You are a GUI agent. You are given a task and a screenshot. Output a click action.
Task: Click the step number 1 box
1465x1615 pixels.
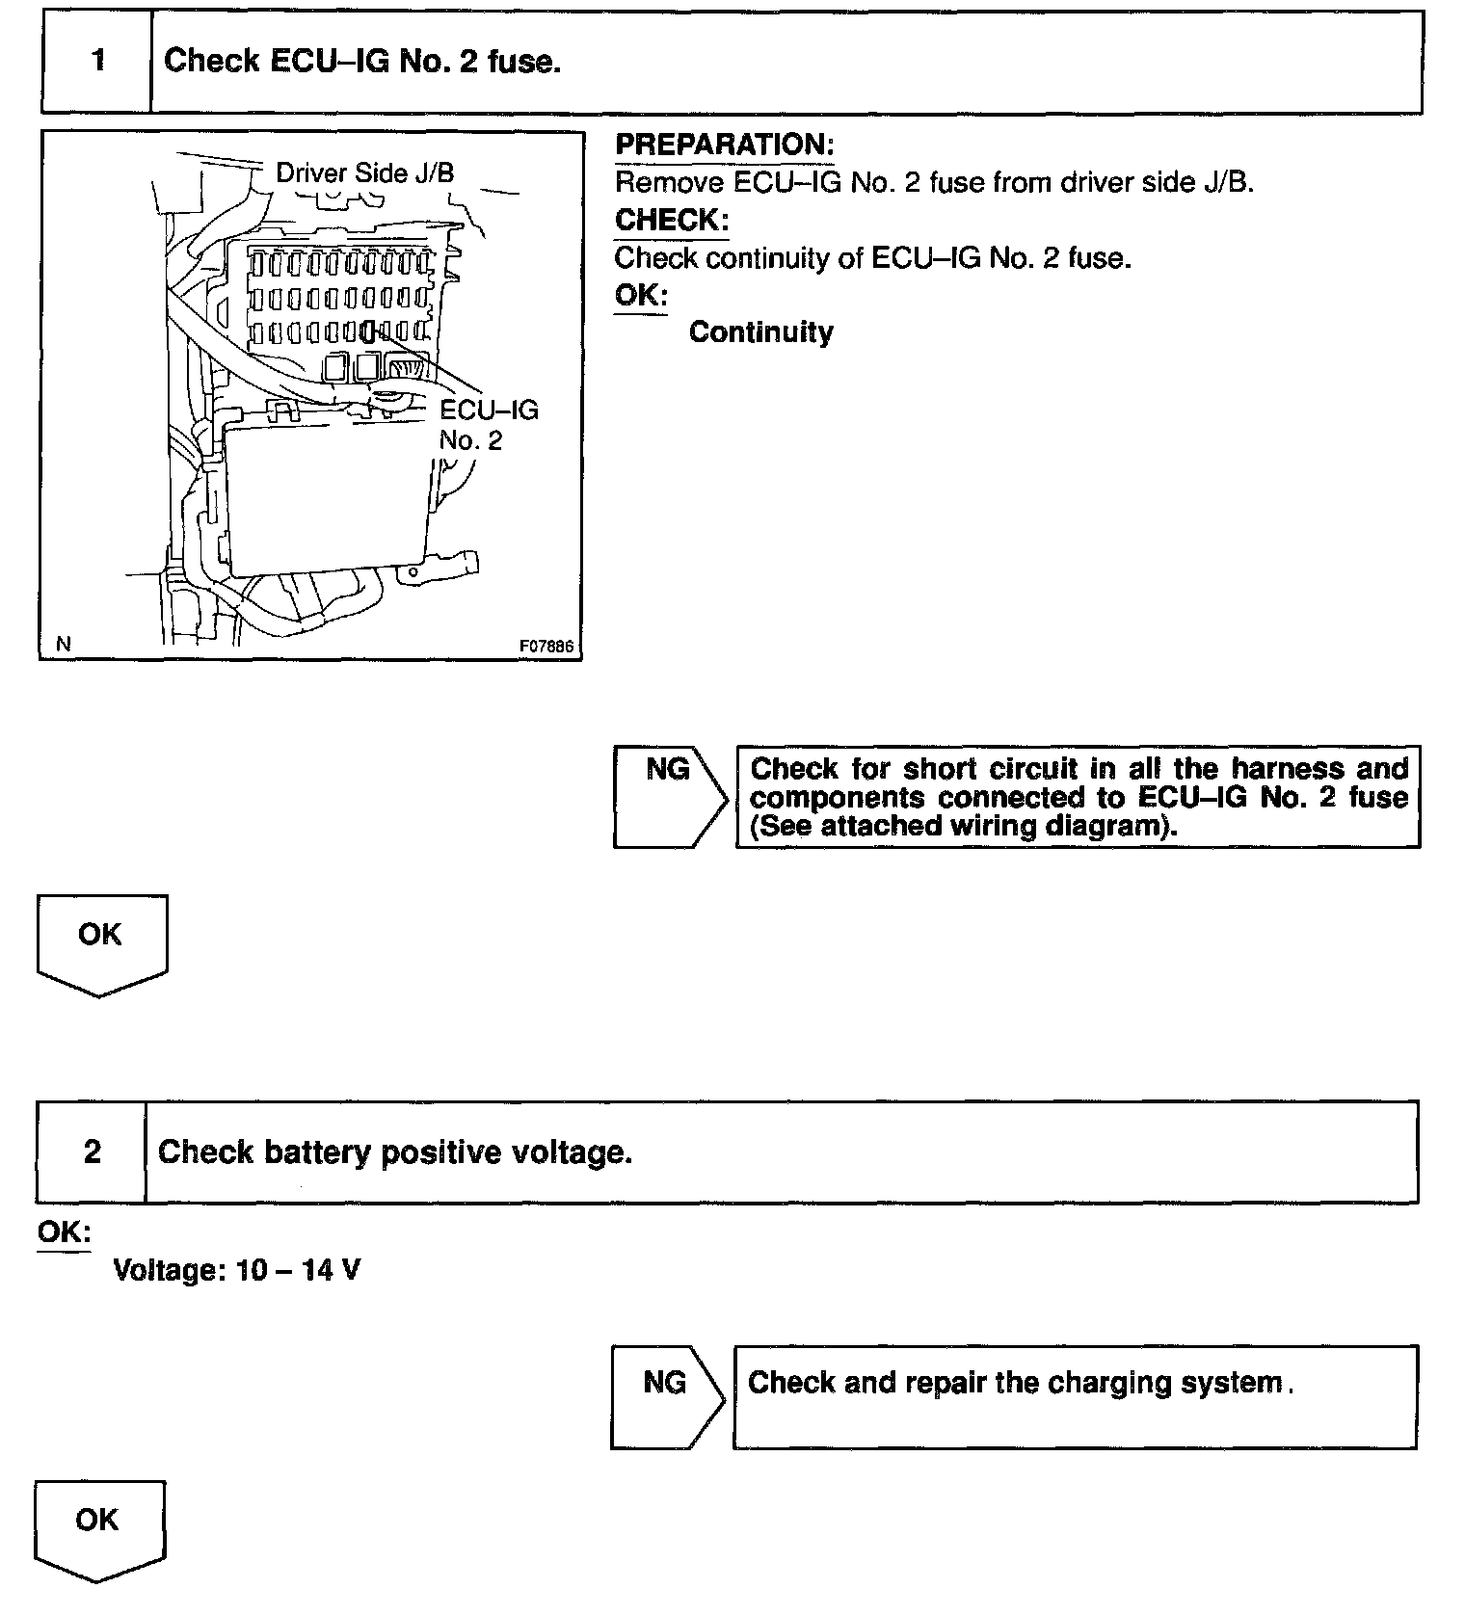pyautogui.click(x=97, y=62)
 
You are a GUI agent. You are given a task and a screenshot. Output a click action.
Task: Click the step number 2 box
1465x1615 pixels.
pyautogui.click(x=93, y=1152)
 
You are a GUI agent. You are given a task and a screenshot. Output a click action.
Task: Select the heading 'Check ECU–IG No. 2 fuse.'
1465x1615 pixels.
pyautogui.click(x=362, y=62)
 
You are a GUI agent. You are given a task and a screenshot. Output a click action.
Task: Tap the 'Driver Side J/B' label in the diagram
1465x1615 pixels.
pyautogui.click(x=364, y=173)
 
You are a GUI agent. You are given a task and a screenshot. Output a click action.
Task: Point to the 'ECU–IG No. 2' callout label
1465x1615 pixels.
pyautogui.click(x=488, y=425)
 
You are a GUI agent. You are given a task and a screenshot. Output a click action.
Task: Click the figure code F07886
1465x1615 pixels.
pyautogui.click(x=546, y=646)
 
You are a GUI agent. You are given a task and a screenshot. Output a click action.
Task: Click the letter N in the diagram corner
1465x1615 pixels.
pyautogui.click(x=64, y=645)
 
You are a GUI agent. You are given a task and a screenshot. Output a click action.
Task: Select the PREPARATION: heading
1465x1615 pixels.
pyautogui.click(x=724, y=146)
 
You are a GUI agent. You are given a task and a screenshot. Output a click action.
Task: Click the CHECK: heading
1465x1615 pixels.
pyautogui.click(x=672, y=220)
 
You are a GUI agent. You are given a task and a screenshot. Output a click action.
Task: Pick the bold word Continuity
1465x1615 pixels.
pyautogui.click(x=761, y=332)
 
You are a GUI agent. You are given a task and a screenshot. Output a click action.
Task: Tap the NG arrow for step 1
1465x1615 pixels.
pyautogui.click(x=669, y=796)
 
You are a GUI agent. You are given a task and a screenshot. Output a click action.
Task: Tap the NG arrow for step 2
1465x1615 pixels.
pyautogui.click(x=666, y=1396)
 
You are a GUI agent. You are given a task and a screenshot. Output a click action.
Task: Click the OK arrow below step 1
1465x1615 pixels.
pyautogui.click(x=101, y=942)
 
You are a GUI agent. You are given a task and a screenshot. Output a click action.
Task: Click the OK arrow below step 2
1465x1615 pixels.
pyautogui.click(x=99, y=1529)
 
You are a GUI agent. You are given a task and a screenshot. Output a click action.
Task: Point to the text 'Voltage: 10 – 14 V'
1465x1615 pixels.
pyautogui.click(x=237, y=1270)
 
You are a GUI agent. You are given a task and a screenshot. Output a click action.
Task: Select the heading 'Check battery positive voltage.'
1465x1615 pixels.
pyautogui.click(x=395, y=1152)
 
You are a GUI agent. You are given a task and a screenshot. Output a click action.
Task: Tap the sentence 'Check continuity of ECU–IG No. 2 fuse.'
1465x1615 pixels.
pyautogui.click(x=872, y=258)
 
